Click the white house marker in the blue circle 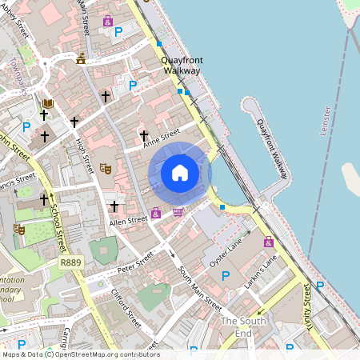pyautogui.click(x=180, y=173)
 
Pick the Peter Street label pyautogui.click(x=134, y=262)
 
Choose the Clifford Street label pyautogui.click(x=126, y=307)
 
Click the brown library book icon pyautogui.click(x=48, y=104)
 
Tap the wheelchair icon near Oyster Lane pyautogui.click(x=268, y=242)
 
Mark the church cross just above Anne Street pyautogui.click(x=144, y=135)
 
